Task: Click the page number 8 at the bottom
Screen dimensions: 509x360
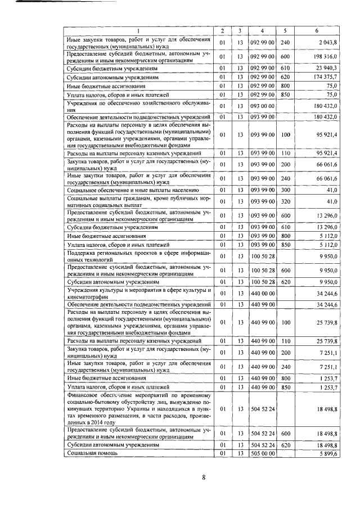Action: pyautogui.click(x=205, y=478)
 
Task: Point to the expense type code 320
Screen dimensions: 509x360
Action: pyautogui.click(x=285, y=201)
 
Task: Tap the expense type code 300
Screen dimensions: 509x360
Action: pyautogui.click(x=285, y=190)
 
